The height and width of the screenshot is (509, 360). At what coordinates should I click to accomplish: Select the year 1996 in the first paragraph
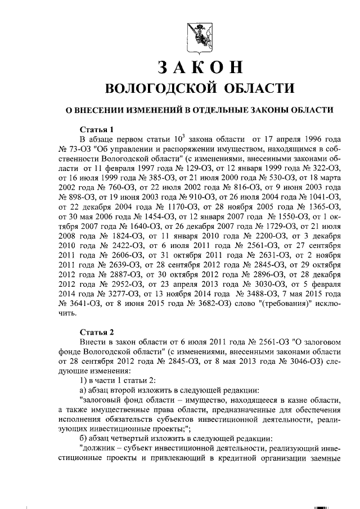(x=310, y=139)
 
